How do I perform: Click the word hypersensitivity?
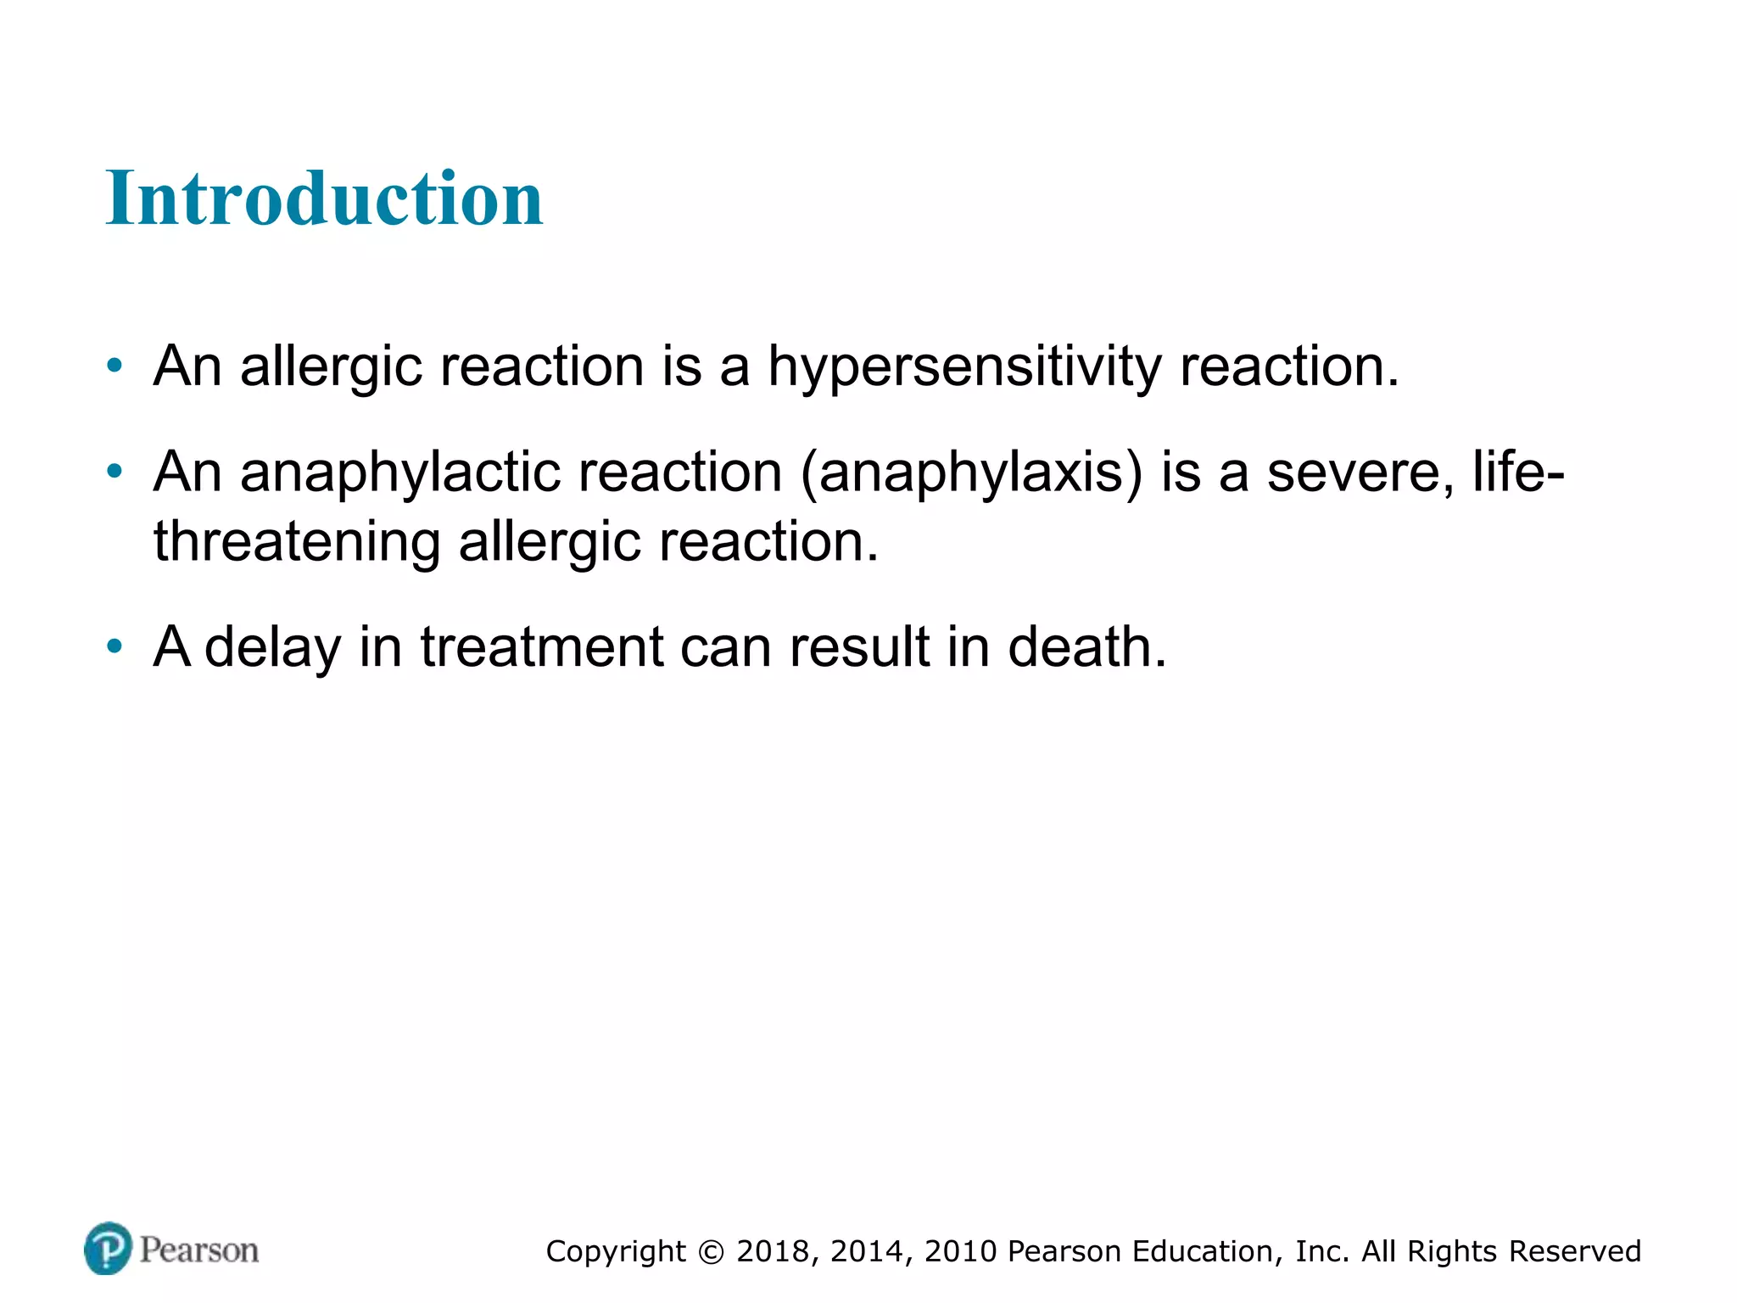pos(964,367)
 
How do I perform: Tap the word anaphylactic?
pos(399,473)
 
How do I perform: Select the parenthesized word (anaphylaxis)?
pos(972,473)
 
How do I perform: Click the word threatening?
pos(297,542)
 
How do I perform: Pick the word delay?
pos(272,647)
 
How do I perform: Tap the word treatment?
pos(542,647)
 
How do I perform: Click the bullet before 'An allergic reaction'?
pos(114,367)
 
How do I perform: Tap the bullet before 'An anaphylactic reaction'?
pos(114,473)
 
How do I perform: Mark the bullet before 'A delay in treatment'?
pos(114,647)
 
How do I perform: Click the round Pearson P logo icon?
pos(109,1249)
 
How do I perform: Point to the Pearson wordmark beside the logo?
pos(199,1250)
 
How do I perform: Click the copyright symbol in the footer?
pos(712,1252)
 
